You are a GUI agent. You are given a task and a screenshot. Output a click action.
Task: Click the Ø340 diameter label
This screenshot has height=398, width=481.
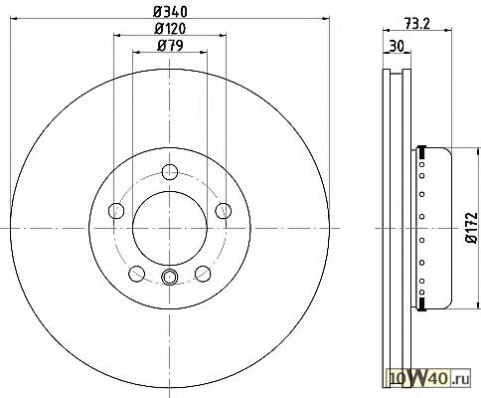tap(170, 12)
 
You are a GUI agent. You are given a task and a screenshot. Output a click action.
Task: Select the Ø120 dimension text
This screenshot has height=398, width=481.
tap(170, 29)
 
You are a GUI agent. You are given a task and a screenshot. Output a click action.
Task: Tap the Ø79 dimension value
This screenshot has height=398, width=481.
tap(170, 46)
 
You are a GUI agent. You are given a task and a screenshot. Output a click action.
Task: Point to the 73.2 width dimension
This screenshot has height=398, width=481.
tap(417, 24)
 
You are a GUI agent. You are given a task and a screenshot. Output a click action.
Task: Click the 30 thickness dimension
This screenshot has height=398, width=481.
tap(397, 46)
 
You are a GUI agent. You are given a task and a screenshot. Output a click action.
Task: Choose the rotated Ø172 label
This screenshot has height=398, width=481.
tap(473, 228)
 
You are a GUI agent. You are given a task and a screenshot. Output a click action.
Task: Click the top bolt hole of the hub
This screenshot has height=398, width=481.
tap(170, 172)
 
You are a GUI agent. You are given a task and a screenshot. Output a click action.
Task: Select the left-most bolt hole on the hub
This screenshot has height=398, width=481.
tap(116, 211)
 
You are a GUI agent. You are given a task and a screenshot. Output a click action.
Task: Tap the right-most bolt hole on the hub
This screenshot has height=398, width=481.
tap(224, 211)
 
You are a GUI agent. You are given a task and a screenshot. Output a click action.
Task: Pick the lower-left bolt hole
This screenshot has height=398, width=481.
tap(137, 274)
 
